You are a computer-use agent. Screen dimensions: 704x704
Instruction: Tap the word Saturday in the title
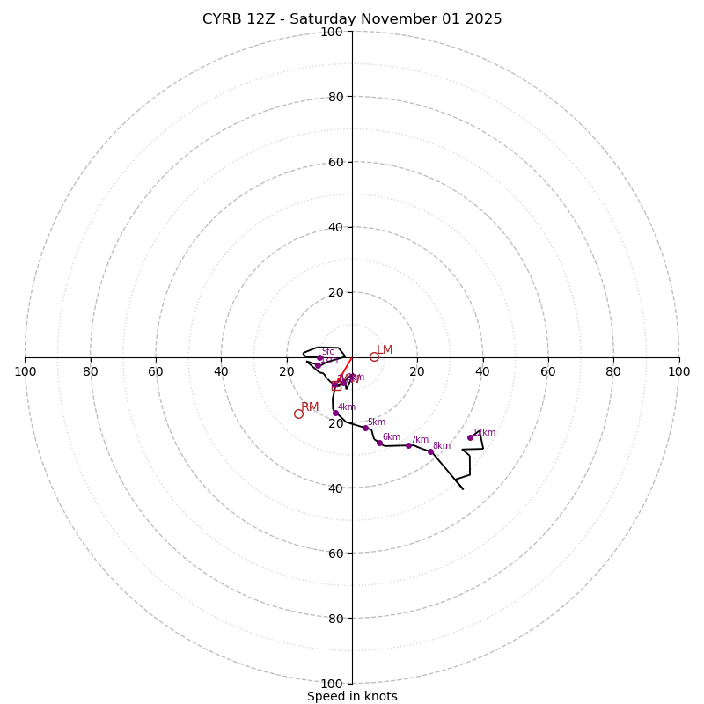(x=322, y=19)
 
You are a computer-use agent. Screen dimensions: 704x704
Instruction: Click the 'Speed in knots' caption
(x=352, y=696)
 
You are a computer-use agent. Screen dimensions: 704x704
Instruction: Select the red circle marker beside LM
(x=374, y=356)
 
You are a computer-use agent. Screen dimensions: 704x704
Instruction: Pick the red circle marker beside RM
(x=298, y=414)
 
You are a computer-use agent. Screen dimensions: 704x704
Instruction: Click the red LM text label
(x=385, y=350)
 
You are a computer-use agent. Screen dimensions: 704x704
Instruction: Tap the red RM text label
(x=310, y=407)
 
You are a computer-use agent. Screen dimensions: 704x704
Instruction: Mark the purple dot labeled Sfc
(x=319, y=357)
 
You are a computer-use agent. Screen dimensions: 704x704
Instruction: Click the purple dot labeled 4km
(x=335, y=413)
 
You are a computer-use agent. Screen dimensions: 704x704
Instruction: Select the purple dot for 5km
(x=365, y=428)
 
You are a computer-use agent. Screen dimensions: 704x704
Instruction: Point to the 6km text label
(x=391, y=436)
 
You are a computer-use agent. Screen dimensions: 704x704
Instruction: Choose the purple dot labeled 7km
(x=408, y=445)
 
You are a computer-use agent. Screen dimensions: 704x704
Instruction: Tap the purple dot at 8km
(x=430, y=451)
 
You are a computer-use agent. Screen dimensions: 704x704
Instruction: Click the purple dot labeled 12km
(x=470, y=437)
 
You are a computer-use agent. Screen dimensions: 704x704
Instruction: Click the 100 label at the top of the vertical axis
(x=332, y=33)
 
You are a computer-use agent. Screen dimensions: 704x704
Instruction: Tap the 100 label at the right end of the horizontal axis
(x=678, y=371)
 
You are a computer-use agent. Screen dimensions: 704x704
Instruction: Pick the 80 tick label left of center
(x=91, y=371)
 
